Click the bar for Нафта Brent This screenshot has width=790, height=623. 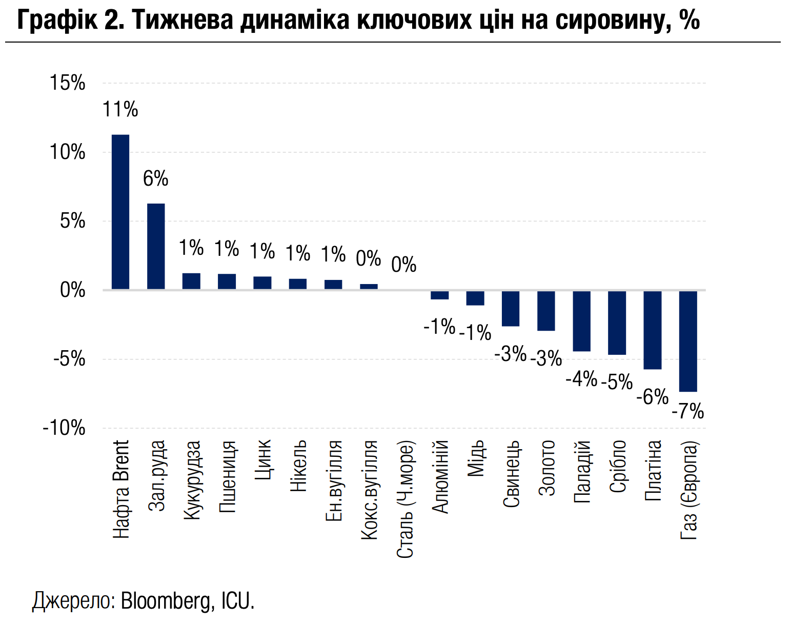(120, 212)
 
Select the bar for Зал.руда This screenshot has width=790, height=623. (156, 246)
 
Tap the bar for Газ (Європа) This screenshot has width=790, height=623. (688, 341)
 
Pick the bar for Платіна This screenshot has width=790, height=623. (653, 330)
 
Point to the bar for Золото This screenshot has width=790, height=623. (546, 311)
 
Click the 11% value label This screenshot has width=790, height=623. (120, 110)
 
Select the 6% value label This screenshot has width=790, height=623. (155, 179)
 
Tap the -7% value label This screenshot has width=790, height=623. (687, 411)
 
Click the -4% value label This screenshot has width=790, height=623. (581, 379)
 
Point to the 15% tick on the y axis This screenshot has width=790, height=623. (67, 83)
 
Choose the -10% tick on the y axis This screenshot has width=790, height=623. (64, 428)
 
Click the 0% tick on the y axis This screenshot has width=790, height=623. (72, 290)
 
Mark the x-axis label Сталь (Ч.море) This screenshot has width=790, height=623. (405, 499)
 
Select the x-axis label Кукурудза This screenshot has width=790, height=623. (191, 479)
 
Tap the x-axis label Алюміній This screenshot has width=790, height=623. (440, 476)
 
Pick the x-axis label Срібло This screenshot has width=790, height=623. (618, 466)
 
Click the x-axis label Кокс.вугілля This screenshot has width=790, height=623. (369, 490)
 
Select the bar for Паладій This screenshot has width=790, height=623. (581, 321)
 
